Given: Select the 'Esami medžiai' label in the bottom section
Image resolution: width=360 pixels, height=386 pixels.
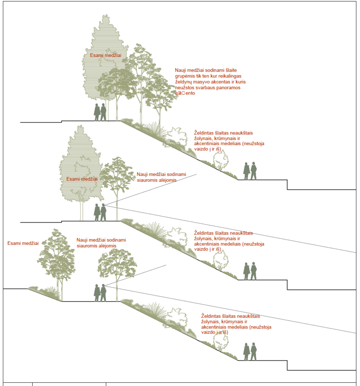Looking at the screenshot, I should point(23,243).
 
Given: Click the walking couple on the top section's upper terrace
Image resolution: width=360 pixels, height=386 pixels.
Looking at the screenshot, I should point(100,112).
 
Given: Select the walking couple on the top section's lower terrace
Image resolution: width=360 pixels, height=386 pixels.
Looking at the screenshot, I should point(250,171).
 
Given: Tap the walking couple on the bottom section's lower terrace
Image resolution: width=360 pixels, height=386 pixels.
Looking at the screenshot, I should point(250,351).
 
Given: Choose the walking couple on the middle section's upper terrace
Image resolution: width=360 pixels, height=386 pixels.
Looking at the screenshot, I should point(100,212).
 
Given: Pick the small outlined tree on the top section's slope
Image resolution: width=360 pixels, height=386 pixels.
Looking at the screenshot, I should point(220,160).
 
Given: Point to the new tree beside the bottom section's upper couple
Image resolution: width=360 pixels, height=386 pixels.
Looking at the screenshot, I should point(117,265).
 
